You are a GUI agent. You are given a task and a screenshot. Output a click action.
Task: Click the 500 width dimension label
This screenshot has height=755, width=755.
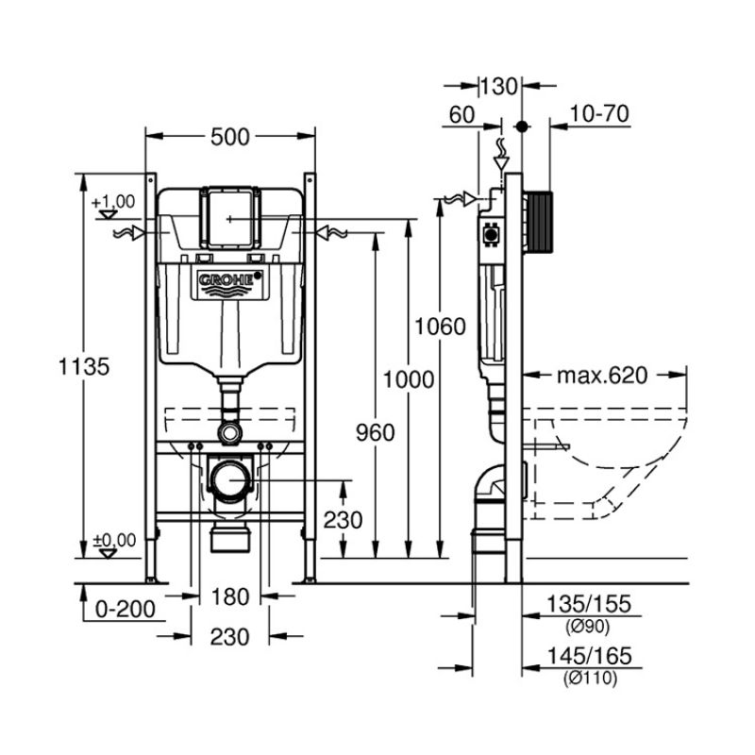[229, 137]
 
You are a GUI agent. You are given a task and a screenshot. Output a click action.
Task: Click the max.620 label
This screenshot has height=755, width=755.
[601, 376]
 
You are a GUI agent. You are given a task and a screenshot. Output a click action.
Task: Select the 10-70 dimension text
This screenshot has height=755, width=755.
[600, 114]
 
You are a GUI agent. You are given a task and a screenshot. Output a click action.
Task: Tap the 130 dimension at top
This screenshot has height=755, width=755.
[499, 87]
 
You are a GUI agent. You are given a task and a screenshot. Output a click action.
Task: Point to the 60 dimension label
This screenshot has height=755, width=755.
[461, 114]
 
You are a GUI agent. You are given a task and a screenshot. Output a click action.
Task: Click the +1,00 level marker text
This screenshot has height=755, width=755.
[113, 201]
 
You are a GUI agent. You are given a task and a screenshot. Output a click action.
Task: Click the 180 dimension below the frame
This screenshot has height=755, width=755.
[229, 596]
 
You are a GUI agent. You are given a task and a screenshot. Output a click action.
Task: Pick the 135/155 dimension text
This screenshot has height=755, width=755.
[587, 605]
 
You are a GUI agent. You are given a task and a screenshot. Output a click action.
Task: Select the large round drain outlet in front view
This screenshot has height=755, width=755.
[228, 480]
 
